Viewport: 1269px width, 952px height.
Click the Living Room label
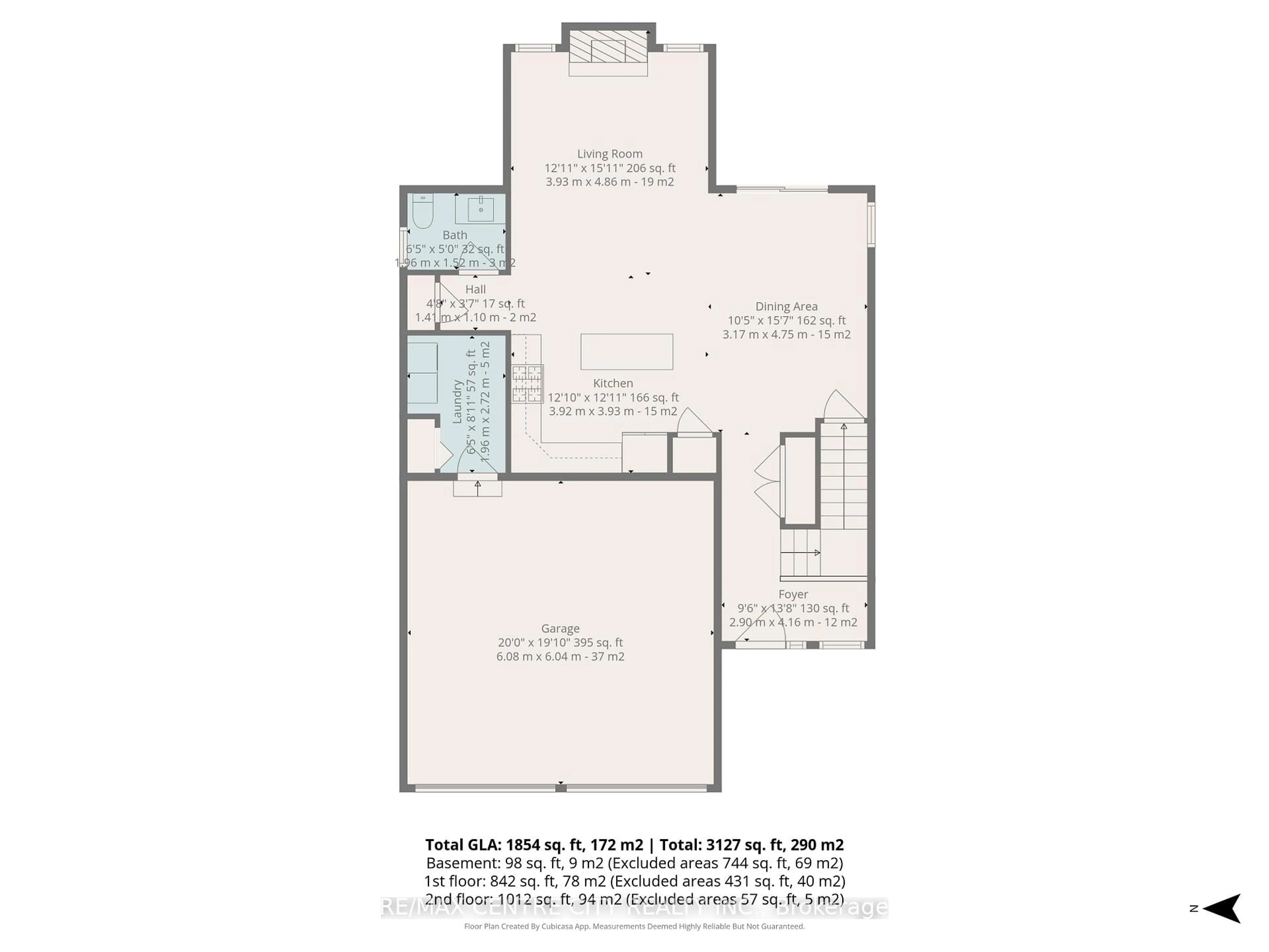coord(609,154)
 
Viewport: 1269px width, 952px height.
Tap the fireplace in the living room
coord(608,47)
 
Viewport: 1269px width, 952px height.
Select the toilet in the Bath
coord(423,211)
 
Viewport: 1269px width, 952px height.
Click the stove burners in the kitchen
coord(527,383)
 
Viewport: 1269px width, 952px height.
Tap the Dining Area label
coord(786,306)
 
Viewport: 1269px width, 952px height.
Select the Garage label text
coord(560,628)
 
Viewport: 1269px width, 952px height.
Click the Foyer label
coord(793,594)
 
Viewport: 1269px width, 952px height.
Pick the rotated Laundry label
coord(457,402)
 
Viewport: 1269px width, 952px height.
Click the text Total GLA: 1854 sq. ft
coord(533,845)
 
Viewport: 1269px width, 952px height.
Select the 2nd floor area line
coord(634,899)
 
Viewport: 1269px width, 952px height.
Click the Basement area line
coord(634,863)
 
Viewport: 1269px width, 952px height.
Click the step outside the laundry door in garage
coord(477,488)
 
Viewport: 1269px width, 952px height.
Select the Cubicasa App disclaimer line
coord(634,926)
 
